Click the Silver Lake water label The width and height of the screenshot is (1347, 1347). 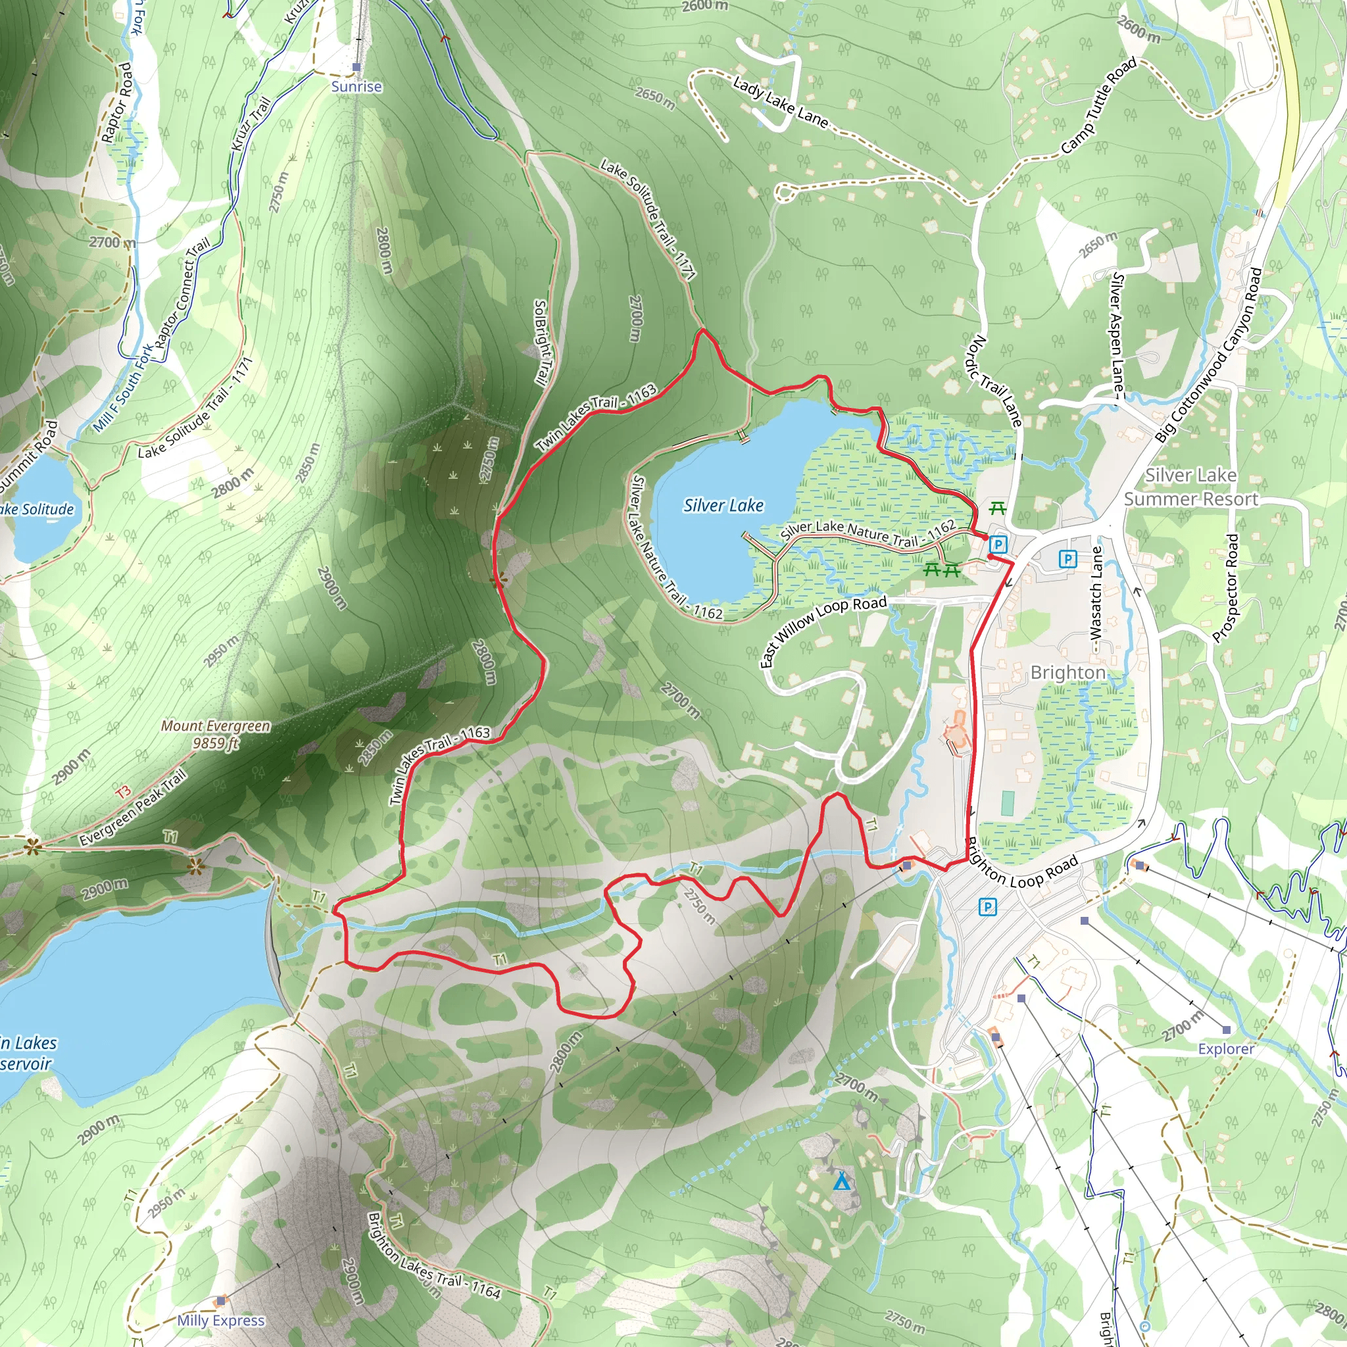(723, 506)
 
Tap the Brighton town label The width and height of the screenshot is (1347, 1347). (1067, 672)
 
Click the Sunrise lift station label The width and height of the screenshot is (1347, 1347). (356, 86)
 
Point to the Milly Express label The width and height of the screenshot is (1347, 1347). (220, 1320)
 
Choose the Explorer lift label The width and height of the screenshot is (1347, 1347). (1226, 1048)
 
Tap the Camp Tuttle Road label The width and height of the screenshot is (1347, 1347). (1098, 105)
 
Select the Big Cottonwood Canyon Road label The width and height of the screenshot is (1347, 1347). (1208, 355)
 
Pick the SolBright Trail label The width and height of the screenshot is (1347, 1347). (541, 342)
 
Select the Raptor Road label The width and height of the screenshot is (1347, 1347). (116, 103)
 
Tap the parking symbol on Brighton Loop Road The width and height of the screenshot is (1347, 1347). (987, 907)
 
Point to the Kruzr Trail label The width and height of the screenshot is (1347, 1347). (251, 124)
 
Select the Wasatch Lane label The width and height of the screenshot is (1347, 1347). (1096, 600)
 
